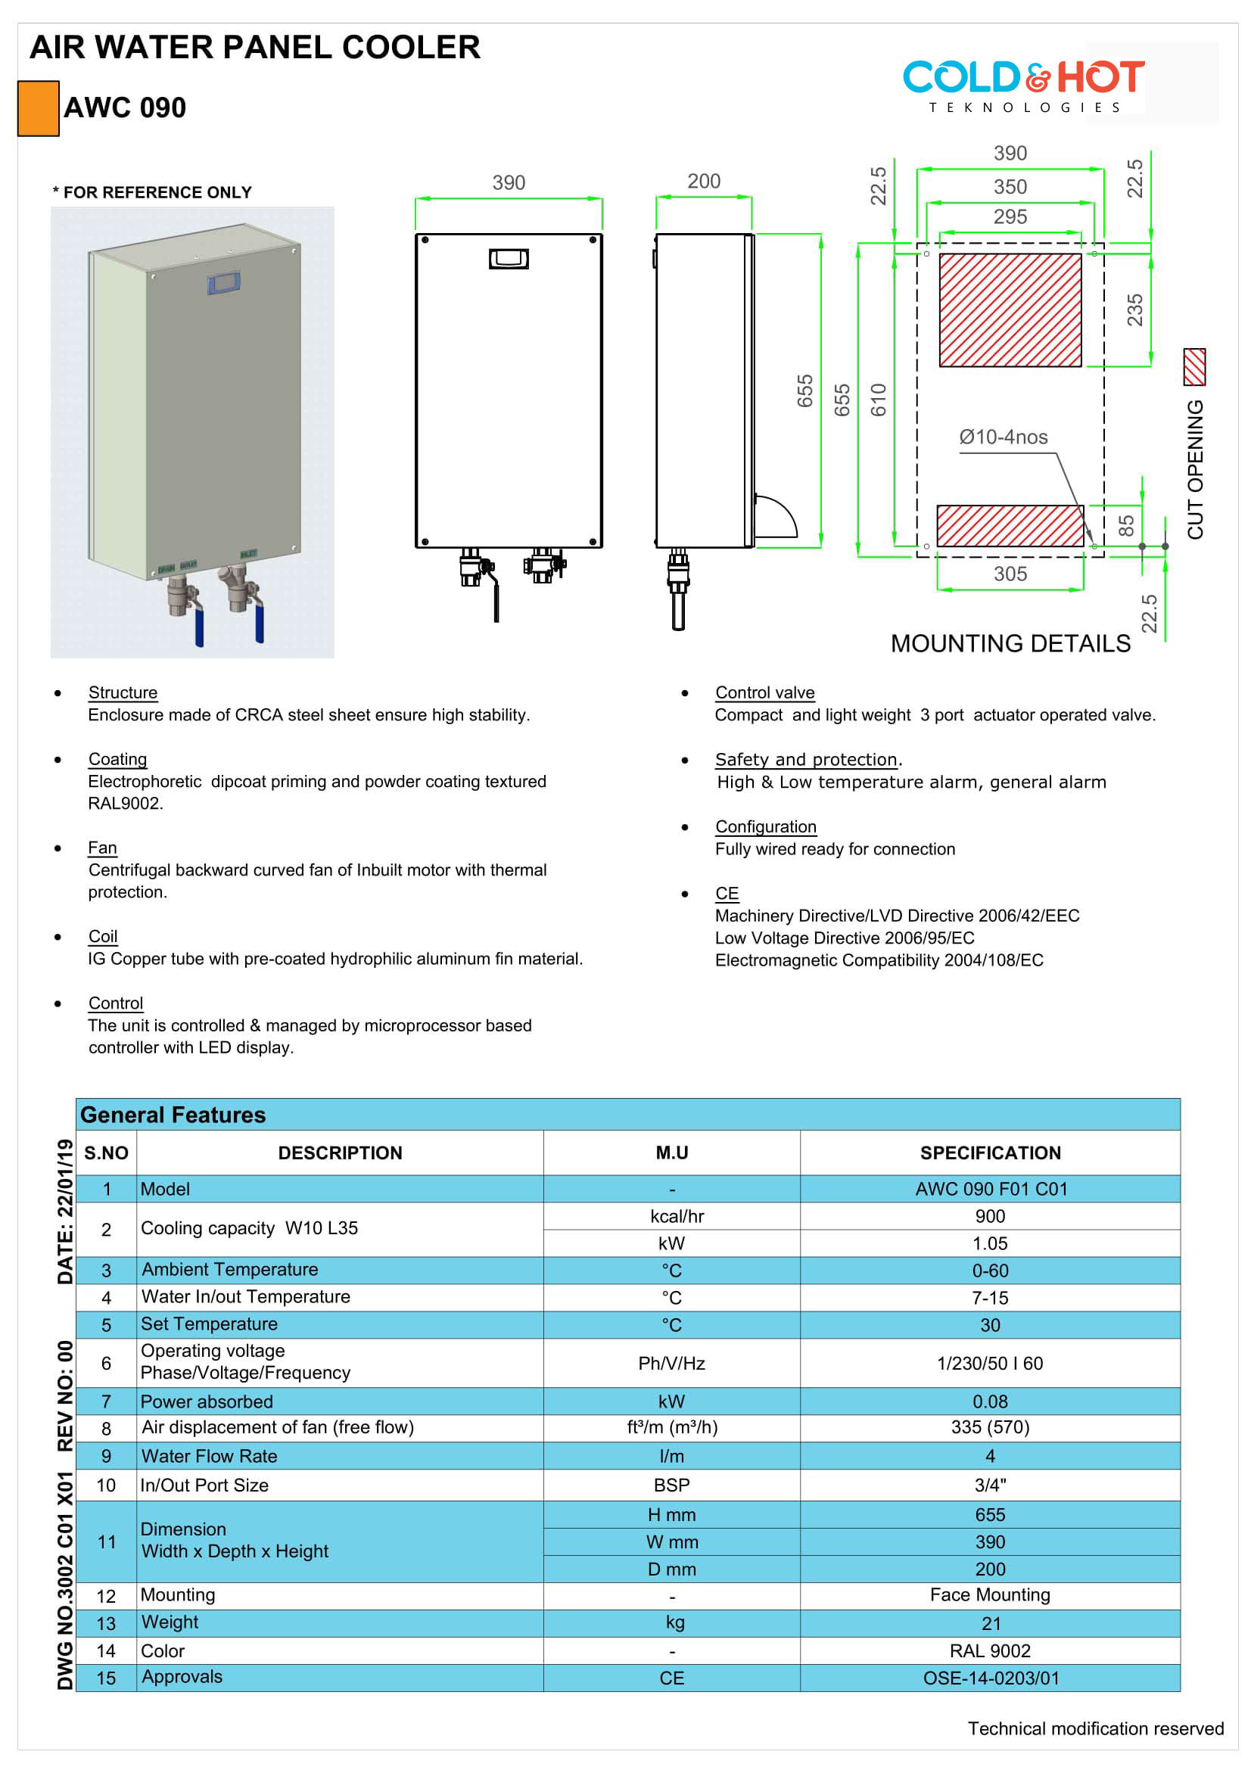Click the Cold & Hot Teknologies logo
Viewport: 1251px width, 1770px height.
point(1023,86)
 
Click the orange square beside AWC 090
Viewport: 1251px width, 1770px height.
point(39,109)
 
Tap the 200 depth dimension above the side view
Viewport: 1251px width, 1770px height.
point(703,181)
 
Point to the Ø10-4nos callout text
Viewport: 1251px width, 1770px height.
point(1003,437)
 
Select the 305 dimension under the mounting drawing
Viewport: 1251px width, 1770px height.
point(1010,574)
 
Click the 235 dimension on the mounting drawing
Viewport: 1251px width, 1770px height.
point(1134,310)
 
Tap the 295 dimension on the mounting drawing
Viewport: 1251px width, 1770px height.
point(1010,216)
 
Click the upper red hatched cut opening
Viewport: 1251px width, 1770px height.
point(1010,310)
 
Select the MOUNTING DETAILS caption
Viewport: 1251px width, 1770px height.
point(1010,643)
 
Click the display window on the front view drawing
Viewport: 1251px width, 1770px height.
point(509,258)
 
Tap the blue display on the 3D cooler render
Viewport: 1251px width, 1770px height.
point(223,283)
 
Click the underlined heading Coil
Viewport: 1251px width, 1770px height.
point(102,936)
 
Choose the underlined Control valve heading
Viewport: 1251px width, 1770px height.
point(764,692)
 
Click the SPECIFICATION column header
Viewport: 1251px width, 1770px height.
point(990,1153)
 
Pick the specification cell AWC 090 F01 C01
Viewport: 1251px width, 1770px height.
point(991,1189)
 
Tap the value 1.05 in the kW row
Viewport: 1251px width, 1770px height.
point(990,1243)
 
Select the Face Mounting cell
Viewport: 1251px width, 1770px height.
point(990,1594)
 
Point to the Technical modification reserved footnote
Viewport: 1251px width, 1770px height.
point(1094,1728)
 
